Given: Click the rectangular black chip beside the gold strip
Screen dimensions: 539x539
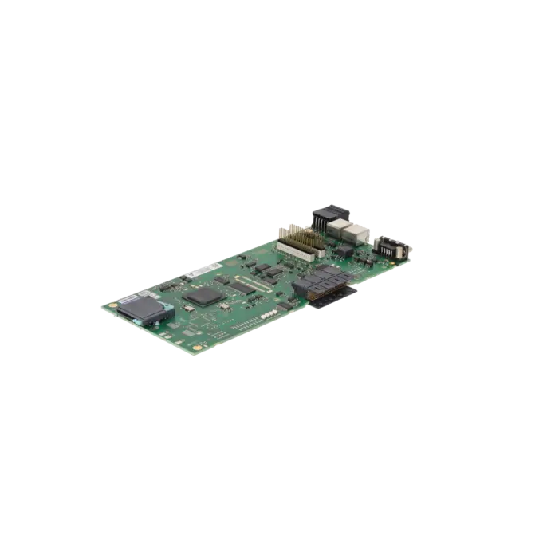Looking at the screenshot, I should [x=238, y=287].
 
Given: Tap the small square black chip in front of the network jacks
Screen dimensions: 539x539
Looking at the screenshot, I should [x=344, y=250].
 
